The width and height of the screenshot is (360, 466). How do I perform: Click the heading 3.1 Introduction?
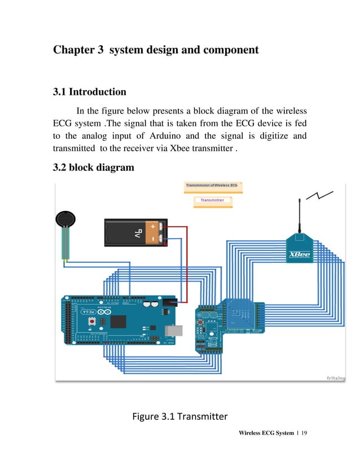point(89,92)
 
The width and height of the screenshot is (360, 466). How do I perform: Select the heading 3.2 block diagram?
point(93,168)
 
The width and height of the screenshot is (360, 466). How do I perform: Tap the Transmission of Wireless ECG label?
point(212,186)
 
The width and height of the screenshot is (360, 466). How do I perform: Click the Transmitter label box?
point(212,200)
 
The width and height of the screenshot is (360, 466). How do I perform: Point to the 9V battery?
point(136,232)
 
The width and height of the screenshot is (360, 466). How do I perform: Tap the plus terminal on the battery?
point(153,227)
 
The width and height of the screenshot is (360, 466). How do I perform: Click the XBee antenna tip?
point(299,200)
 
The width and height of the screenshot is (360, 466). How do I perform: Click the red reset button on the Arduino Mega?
point(91,321)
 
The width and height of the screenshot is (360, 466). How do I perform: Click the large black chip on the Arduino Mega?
point(118,322)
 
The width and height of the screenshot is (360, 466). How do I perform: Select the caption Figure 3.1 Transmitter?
point(179,417)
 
